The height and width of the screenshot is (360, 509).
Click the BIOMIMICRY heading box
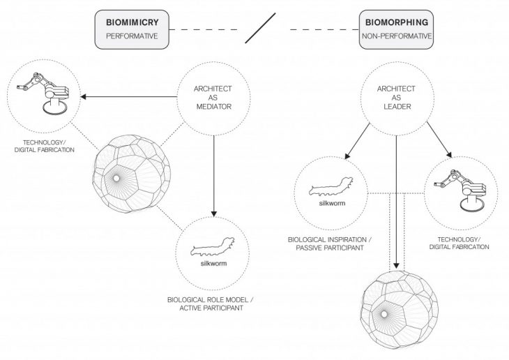[x=132, y=29]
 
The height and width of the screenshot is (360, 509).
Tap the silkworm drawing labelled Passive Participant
[x=332, y=187]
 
